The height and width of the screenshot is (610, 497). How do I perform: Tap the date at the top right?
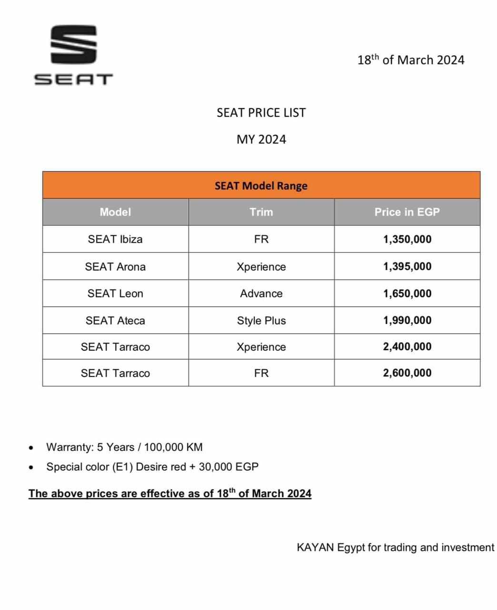pyautogui.click(x=410, y=60)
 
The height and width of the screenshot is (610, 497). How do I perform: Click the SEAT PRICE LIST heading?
pyautogui.click(x=261, y=113)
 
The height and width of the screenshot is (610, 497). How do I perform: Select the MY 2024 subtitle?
pyautogui.click(x=261, y=140)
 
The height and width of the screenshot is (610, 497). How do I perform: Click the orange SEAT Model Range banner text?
pyautogui.click(x=261, y=186)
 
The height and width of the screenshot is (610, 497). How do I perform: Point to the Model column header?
pyautogui.click(x=115, y=212)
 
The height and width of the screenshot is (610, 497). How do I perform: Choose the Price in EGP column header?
pyautogui.click(x=407, y=212)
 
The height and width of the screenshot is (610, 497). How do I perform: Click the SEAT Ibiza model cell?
pyautogui.click(x=115, y=239)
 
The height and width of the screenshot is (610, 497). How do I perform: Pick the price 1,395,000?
pyautogui.click(x=407, y=266)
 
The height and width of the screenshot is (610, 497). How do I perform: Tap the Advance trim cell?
pyautogui.click(x=261, y=294)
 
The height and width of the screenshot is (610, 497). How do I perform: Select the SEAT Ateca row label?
pyautogui.click(x=115, y=321)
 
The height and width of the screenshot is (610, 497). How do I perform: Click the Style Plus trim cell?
pyautogui.click(x=261, y=321)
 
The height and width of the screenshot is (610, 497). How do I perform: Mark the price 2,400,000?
pyautogui.click(x=407, y=346)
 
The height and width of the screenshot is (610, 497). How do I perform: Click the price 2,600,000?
pyautogui.click(x=407, y=373)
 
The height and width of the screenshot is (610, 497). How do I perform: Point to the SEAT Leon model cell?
pyautogui.click(x=115, y=294)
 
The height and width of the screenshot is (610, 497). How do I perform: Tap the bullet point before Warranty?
pyautogui.click(x=31, y=448)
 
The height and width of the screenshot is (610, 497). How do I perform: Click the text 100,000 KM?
pyautogui.click(x=173, y=447)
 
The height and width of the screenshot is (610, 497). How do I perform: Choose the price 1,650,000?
pyautogui.click(x=407, y=294)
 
